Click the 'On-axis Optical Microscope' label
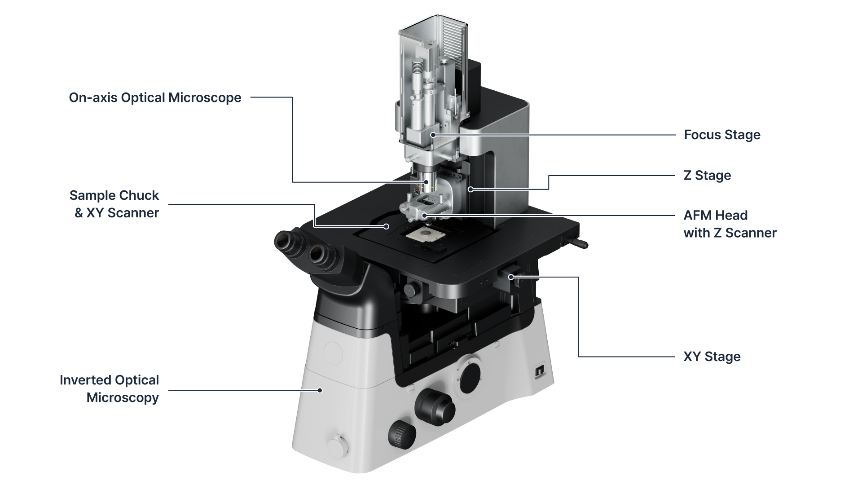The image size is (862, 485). pos(155,98)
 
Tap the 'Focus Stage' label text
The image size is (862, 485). pos(722,135)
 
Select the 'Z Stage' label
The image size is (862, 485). pos(707,175)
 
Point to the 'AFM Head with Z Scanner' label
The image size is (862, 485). pos(730,224)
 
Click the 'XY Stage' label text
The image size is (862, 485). pos(712,357)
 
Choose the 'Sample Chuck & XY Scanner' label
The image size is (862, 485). pos(114,204)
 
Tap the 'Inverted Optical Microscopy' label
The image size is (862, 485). pos(109,389)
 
